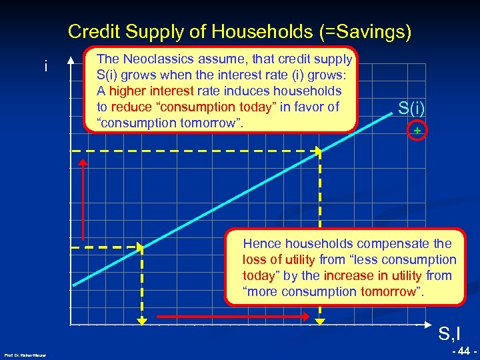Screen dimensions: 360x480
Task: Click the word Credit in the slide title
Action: [x=89, y=31]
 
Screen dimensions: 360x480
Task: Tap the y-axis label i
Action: [x=45, y=67]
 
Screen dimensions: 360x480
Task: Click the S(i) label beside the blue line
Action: [x=412, y=107]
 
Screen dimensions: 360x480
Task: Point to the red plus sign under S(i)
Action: [x=417, y=131]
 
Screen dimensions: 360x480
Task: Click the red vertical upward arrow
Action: [x=83, y=200]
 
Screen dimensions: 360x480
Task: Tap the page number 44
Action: [x=462, y=351]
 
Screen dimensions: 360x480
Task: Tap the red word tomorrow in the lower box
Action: [x=387, y=291]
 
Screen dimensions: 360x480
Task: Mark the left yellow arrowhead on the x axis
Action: [x=142, y=321]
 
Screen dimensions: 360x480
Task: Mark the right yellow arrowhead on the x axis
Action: [x=321, y=321]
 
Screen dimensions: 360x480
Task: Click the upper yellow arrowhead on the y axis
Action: [x=78, y=153]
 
